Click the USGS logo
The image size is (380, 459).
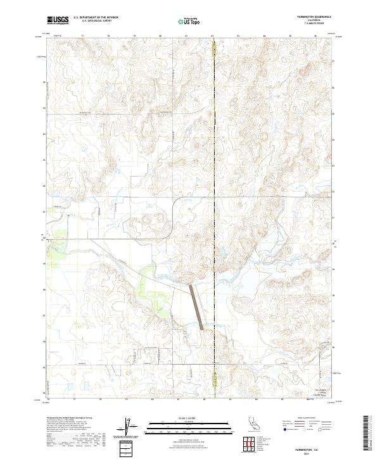(58, 21)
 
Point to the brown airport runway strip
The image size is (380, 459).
(197, 306)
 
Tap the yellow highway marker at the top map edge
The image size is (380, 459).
(215, 46)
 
